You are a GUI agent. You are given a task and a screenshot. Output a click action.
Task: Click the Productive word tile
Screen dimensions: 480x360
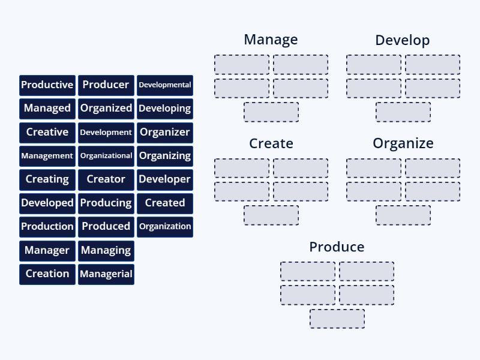(x=47, y=85)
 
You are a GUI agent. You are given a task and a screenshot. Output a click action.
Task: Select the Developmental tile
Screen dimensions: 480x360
(x=165, y=85)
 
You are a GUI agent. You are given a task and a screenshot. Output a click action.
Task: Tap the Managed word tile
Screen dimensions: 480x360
(x=47, y=109)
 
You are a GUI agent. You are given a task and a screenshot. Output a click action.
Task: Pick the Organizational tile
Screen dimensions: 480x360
(x=106, y=156)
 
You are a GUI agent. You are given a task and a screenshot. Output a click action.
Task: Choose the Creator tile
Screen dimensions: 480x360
(x=106, y=179)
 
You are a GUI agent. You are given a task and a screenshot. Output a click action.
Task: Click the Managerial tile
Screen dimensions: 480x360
(x=106, y=274)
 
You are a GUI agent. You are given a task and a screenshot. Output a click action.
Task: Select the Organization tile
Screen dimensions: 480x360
(x=165, y=227)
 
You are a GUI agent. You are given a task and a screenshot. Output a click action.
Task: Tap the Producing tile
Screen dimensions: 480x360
(x=106, y=203)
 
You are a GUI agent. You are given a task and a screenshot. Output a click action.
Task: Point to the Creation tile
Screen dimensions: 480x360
(x=47, y=274)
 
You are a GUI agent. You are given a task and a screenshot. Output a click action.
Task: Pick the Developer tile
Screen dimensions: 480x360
(x=165, y=179)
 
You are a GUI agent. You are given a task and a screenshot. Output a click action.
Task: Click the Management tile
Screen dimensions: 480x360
(x=47, y=156)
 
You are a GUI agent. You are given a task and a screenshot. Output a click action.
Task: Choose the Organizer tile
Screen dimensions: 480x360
(x=165, y=132)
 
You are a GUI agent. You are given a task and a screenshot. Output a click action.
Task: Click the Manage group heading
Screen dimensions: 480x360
(x=271, y=40)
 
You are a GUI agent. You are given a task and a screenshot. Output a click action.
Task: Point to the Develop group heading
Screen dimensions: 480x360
(x=403, y=40)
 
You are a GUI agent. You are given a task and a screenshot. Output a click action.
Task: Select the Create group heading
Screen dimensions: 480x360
(x=271, y=143)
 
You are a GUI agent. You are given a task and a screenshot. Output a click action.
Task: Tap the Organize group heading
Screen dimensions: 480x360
(x=403, y=143)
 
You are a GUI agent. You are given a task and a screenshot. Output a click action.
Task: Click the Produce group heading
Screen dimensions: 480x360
(x=337, y=247)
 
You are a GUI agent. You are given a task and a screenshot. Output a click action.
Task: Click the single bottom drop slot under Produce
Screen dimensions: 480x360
(x=337, y=319)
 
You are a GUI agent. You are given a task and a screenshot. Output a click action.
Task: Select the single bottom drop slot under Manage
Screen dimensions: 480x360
(x=271, y=112)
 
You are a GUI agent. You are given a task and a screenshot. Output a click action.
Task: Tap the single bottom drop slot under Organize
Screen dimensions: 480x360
(x=403, y=215)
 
